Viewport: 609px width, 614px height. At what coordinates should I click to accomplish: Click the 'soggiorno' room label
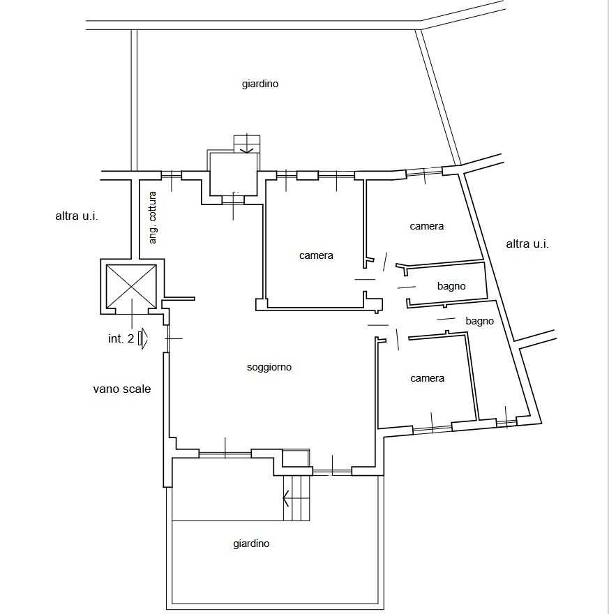[x=269, y=367]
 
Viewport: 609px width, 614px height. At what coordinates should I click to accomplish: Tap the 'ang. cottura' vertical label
[x=153, y=217]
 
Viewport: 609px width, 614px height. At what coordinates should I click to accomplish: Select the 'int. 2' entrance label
[x=121, y=338]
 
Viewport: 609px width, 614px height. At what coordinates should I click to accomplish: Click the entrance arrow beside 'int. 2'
[x=143, y=338]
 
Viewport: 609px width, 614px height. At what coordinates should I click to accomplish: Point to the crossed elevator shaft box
[x=131, y=286]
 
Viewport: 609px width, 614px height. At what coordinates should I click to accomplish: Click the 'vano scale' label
[x=121, y=389]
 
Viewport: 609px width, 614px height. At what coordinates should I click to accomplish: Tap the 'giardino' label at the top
[x=260, y=84]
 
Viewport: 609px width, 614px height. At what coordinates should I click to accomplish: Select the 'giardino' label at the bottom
[x=251, y=544]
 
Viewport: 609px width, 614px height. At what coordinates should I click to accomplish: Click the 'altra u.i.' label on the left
[x=76, y=216]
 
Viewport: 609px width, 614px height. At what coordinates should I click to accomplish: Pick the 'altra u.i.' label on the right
[x=527, y=244]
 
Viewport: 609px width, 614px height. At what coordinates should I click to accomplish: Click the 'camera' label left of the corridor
[x=316, y=255]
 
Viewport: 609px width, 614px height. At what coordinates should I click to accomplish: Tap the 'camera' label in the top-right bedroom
[x=427, y=226]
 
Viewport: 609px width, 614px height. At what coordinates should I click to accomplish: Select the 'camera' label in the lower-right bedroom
[x=427, y=378]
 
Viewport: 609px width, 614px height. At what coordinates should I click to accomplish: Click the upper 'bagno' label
[x=451, y=286]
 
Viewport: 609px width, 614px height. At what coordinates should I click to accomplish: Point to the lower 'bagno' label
[x=479, y=321]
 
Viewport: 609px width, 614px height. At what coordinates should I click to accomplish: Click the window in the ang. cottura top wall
[x=172, y=175]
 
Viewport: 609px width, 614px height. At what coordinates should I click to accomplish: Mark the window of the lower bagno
[x=506, y=422]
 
